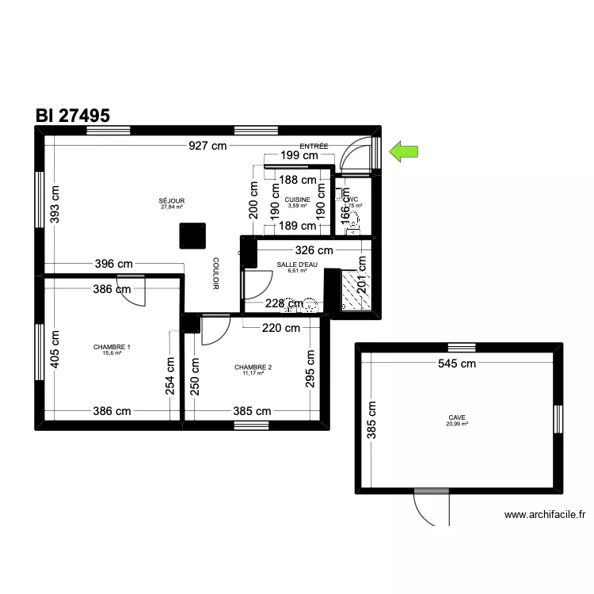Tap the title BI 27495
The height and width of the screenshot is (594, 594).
(72, 115)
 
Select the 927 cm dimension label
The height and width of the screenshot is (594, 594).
(208, 146)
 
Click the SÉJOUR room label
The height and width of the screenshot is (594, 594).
(172, 201)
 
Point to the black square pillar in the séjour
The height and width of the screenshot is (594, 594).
(192, 236)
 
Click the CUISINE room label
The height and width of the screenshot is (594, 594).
(298, 200)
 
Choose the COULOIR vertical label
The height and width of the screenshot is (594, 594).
(215, 273)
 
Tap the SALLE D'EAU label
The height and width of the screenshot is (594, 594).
(298, 265)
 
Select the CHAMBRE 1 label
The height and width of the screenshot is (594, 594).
(112, 347)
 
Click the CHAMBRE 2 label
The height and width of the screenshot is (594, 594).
(253, 367)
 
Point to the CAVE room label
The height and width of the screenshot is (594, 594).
(457, 417)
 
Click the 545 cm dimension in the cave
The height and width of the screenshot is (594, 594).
(457, 364)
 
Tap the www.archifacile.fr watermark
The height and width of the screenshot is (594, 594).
(544, 515)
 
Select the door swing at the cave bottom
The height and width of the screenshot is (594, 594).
(430, 507)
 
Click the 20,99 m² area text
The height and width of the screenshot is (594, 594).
(457, 424)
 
